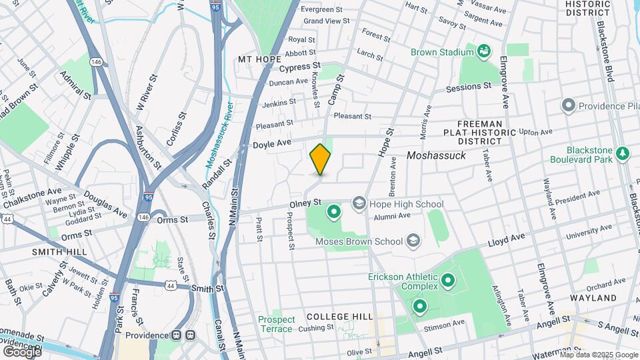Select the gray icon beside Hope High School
pyautogui.click(x=359, y=203)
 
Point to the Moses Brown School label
pyautogui.click(x=359, y=241)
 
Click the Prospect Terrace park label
pyautogui.click(x=276, y=324)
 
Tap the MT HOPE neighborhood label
pyautogui.click(x=260, y=59)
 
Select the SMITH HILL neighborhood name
pyautogui.click(x=59, y=252)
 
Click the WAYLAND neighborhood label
pyautogui.click(x=593, y=298)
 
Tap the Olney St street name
pyautogui.click(x=305, y=201)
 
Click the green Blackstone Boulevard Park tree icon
pyautogui.click(x=623, y=154)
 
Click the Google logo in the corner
pyautogui.click(x=21, y=351)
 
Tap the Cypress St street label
pyautogui.click(x=300, y=67)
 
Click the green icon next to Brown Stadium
pyautogui.click(x=485, y=51)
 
